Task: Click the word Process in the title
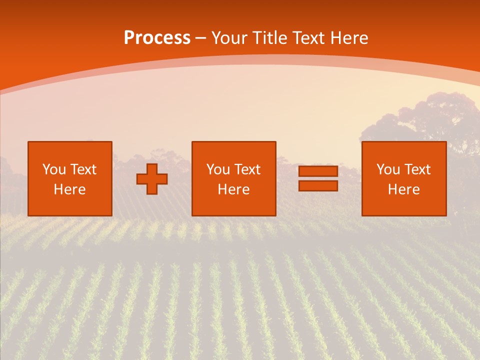coord(157,38)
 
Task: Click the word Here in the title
coord(348,38)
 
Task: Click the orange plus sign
coord(152,179)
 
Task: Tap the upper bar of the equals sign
coord(318,171)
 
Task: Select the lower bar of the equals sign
coord(318,186)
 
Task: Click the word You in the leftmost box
coord(53,169)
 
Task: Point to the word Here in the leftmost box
coord(69,189)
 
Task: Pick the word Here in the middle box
coord(233,189)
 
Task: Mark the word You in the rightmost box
coord(387,169)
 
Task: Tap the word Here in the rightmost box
coord(403,189)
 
